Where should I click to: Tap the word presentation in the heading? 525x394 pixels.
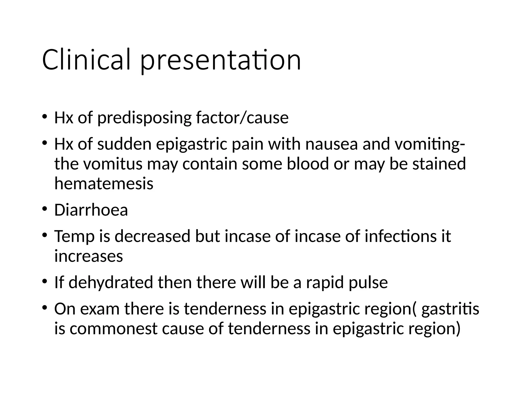pos(220,62)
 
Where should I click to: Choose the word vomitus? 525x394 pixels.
pos(113,164)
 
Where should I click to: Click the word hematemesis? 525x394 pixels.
pos(104,184)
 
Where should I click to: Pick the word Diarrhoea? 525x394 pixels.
pos(91,210)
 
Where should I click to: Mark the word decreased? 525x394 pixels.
pos(152,236)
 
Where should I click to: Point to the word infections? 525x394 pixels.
pos(400,236)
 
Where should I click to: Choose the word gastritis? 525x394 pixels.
pos(450,309)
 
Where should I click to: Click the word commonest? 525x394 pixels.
pos(113,329)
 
